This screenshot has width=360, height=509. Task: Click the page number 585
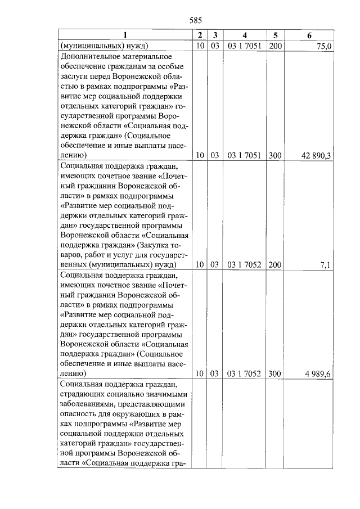click(196, 20)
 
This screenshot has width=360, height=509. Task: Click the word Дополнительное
click(89, 57)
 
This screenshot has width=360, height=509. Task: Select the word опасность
click(79, 416)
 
